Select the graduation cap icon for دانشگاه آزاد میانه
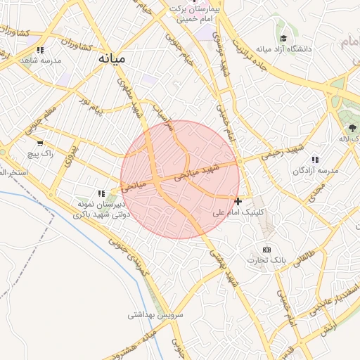[x=283, y=39]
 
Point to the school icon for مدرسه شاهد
[x=40, y=50]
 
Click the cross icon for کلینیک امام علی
[x=238, y=202]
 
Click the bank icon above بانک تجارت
[x=266, y=250]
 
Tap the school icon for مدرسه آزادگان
[x=315, y=160]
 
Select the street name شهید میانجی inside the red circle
[x=201, y=171]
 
